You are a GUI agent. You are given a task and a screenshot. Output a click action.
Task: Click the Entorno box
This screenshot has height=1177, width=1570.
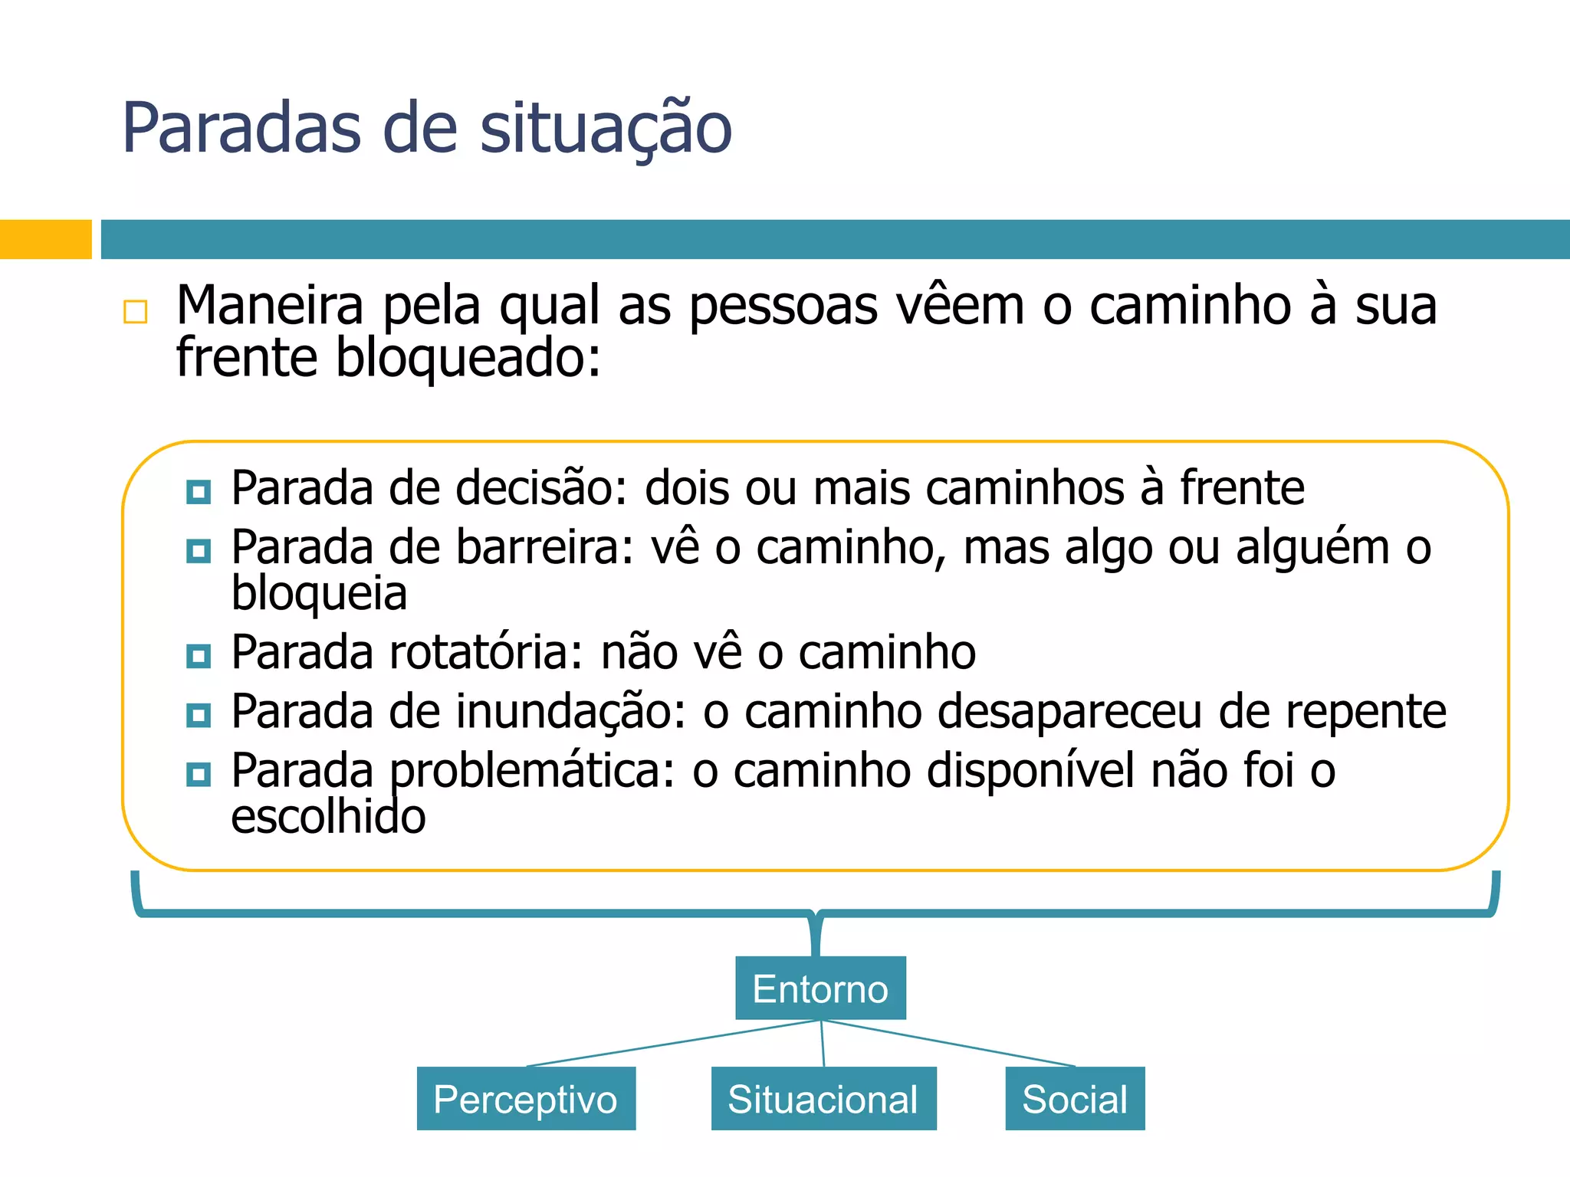point(820,988)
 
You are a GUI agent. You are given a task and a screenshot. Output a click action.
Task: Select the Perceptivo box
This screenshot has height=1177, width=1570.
point(526,1098)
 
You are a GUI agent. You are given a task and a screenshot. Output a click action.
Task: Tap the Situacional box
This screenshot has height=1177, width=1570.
point(823,1098)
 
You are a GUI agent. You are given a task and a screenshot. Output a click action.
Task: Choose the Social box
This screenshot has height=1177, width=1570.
point(1075,1098)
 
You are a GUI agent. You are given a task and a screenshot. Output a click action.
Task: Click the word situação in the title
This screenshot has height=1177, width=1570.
point(606,129)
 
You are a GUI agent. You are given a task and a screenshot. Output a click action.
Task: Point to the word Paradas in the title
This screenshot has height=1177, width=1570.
point(241,129)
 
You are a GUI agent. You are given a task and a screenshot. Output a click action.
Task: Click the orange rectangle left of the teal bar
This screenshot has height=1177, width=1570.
point(45,239)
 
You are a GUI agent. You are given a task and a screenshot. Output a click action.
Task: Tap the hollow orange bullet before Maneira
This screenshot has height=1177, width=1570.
point(136,312)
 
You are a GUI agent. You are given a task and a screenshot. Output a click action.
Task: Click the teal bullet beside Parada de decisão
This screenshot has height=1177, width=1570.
point(199,491)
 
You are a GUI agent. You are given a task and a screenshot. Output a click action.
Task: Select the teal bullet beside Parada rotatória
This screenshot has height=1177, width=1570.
point(199,656)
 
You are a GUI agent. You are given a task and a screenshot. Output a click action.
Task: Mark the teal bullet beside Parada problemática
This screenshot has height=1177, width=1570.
point(199,775)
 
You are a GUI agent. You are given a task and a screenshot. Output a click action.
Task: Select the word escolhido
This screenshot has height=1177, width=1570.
point(328,816)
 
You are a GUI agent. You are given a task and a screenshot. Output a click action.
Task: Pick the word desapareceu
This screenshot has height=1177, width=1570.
point(1069,711)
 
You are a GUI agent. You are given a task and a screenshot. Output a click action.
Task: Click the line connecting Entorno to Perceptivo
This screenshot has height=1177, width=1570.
point(673,1043)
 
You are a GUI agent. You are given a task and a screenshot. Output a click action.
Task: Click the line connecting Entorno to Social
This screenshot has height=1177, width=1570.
point(948,1043)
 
